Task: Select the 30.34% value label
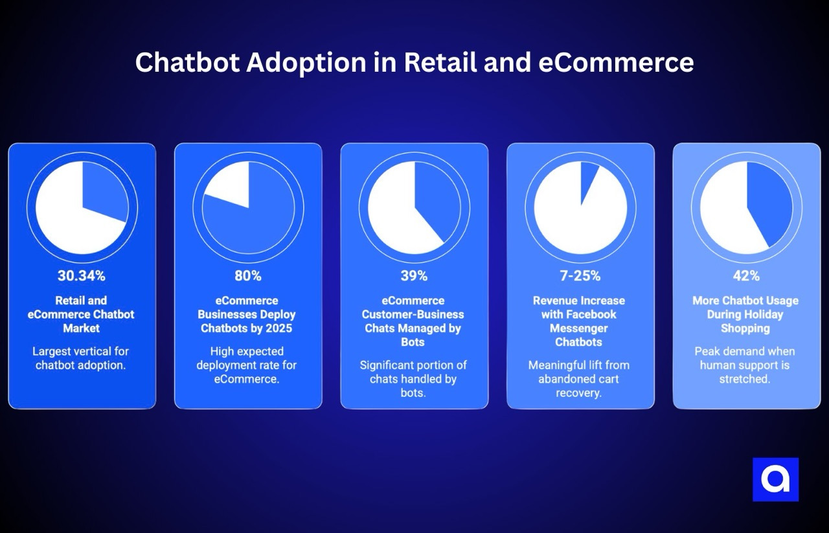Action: click(82, 276)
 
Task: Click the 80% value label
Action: click(248, 276)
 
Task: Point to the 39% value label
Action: click(414, 276)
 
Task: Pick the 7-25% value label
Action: click(580, 276)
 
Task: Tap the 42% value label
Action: click(746, 276)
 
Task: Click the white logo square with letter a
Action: click(775, 479)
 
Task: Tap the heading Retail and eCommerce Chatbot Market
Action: click(82, 314)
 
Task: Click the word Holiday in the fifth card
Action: click(762, 314)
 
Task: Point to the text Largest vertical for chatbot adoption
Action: click(82, 358)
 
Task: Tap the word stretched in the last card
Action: click(745, 379)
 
